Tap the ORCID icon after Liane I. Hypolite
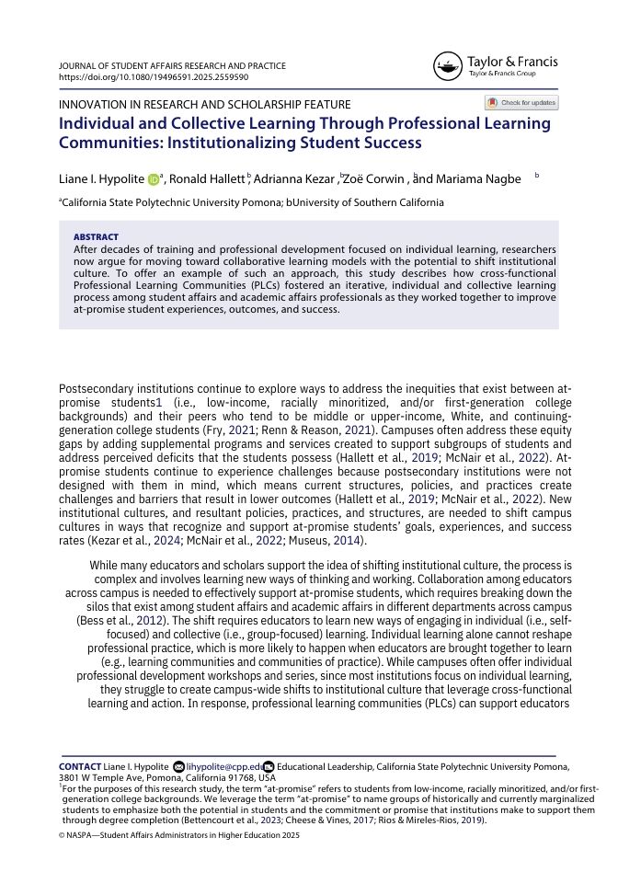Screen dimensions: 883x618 pos(153,179)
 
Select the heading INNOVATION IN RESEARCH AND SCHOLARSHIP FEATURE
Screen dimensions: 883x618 pos(204,105)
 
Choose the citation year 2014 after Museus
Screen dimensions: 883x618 pos(348,539)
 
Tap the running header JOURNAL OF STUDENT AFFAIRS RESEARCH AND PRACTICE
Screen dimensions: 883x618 pos(172,66)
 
